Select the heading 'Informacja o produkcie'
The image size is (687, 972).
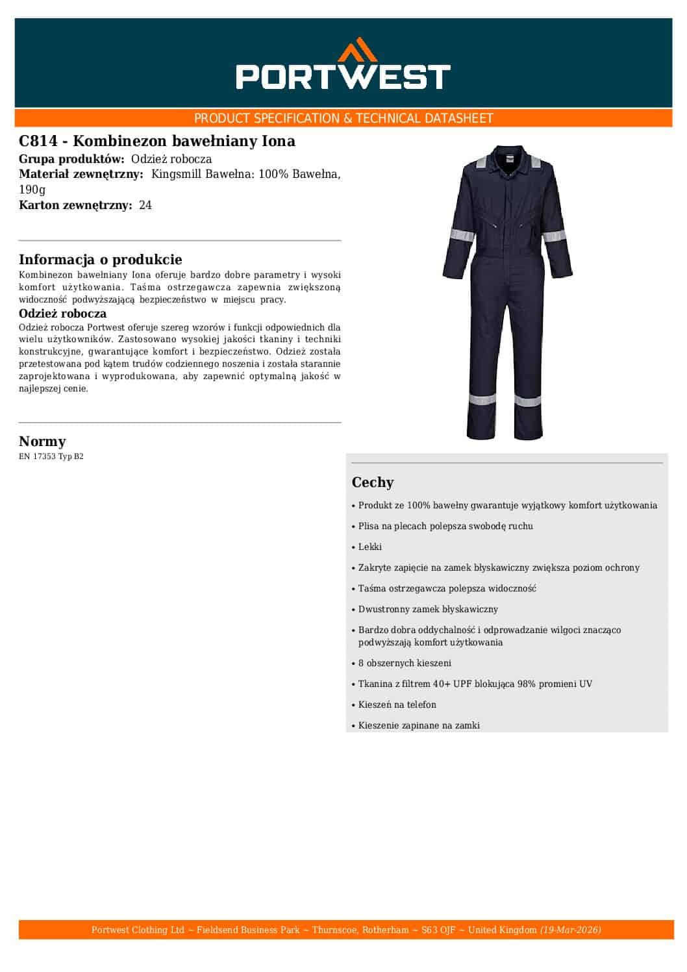tap(101, 260)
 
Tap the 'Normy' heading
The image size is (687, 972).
tap(42, 442)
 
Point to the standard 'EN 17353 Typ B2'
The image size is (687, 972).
tap(51, 456)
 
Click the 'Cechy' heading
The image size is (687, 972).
tap(373, 482)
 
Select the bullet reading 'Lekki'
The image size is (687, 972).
tap(370, 547)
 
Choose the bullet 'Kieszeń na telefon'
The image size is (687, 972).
tap(397, 704)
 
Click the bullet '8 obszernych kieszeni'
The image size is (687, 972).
tap(405, 663)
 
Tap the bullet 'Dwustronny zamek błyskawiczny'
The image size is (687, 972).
tap(428, 609)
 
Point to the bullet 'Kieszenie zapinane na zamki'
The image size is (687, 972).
tap(419, 725)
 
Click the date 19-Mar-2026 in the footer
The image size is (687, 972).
tap(571, 930)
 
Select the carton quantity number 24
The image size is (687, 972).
tap(145, 205)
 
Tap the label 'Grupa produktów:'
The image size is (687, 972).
tap(71, 159)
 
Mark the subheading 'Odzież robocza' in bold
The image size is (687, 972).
tap(63, 314)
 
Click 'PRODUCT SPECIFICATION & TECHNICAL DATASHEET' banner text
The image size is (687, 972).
tap(343, 118)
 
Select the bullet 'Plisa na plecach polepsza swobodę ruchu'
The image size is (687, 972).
tap(445, 526)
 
